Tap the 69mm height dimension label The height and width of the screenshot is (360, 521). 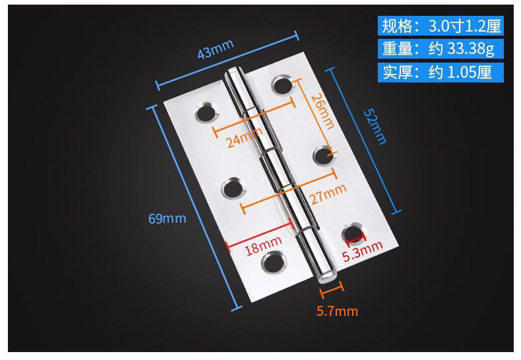pos(167,218)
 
